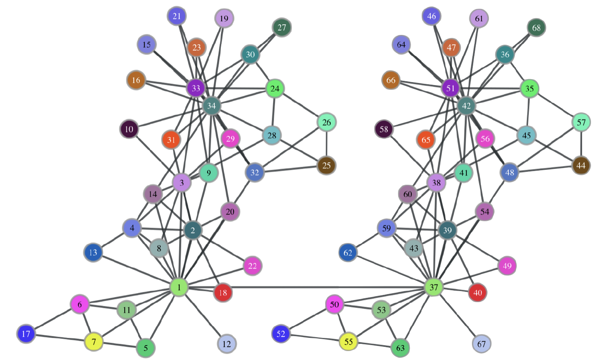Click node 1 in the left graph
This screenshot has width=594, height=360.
pyautogui.click(x=179, y=287)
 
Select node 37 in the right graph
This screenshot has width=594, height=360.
pyautogui.click(x=434, y=287)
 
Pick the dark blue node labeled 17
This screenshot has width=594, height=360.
pyautogui.click(x=26, y=334)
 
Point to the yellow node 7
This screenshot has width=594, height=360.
pyautogui.click(x=94, y=341)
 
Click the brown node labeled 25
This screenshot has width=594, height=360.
pyautogui.click(x=326, y=165)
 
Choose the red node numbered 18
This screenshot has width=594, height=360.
pyautogui.click(x=223, y=293)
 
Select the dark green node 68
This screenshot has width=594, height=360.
pyautogui.click(x=537, y=28)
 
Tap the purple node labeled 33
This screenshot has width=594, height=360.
pyautogui.click(x=196, y=88)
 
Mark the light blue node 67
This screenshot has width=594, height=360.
pyautogui.click(x=482, y=344)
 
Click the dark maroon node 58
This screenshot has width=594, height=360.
pyautogui.click(x=384, y=129)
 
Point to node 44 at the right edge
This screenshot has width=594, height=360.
pyautogui.click(x=581, y=165)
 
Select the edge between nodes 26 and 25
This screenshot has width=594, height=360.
pyautogui.click(x=326, y=144)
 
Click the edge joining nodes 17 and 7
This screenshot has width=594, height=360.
pyautogui.click(x=60, y=337)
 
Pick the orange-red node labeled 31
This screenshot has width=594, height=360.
pyautogui.click(x=171, y=140)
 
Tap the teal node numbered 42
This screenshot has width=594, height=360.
pyautogui.click(x=466, y=106)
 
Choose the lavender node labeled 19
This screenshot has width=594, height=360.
pyautogui.click(x=224, y=18)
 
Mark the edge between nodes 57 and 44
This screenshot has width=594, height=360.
pyautogui.click(x=581, y=144)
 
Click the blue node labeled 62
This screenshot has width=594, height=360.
pyautogui.click(x=348, y=252)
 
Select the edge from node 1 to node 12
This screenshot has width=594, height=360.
pyautogui.click(x=203, y=315)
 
